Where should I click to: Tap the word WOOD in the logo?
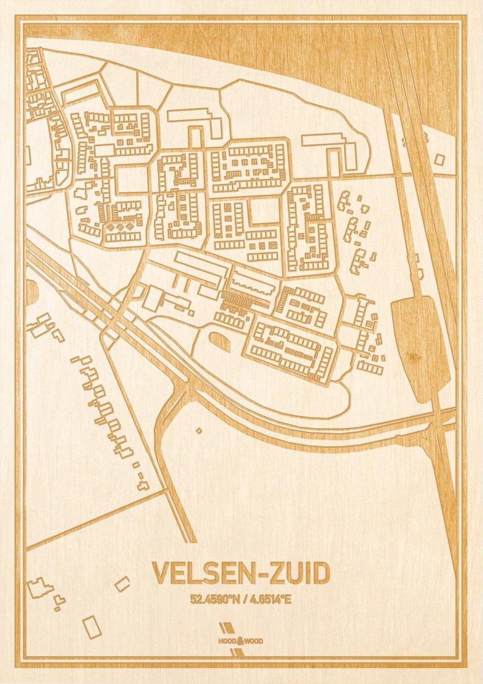coord(255,641)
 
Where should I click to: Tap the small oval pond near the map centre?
coord(219,341)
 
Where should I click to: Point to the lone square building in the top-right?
coord(439,160)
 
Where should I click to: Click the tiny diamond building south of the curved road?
coord(198,430)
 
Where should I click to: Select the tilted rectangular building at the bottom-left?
coord(92,626)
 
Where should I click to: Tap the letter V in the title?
coord(160,574)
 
